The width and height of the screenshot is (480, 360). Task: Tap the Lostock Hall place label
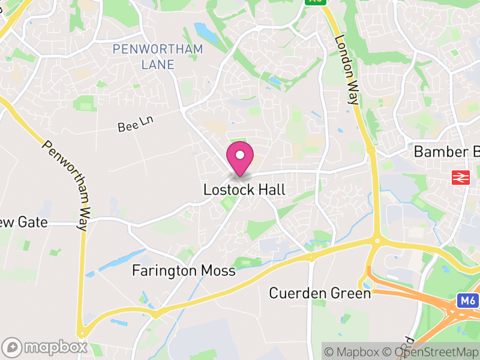coord(244,190)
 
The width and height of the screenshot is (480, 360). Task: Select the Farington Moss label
coord(184,271)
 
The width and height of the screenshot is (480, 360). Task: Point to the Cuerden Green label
coord(320,293)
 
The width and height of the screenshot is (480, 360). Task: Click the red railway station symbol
coord(460,177)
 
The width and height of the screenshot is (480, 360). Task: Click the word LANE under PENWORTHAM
coord(158,64)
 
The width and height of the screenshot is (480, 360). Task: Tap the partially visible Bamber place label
coord(446,152)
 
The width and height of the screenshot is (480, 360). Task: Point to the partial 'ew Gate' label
coord(23,223)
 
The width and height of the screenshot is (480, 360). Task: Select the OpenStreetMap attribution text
coord(434,352)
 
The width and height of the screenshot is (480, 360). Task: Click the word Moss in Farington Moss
coord(218,271)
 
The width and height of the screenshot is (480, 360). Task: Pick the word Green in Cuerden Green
coord(352,293)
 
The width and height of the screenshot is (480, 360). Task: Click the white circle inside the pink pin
coord(240,155)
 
